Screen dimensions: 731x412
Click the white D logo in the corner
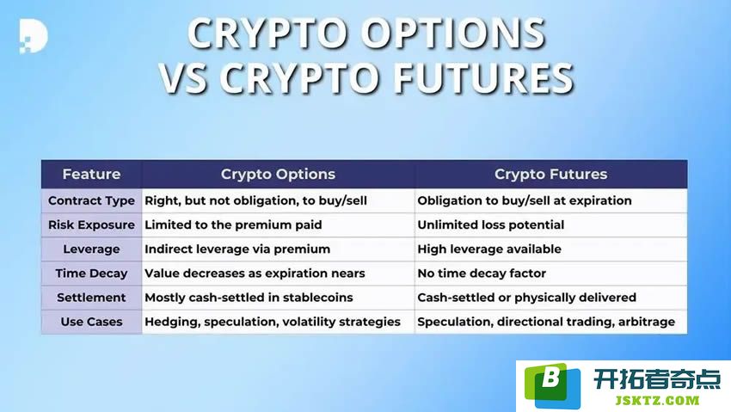(x=34, y=36)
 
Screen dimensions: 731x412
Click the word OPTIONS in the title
(x=452, y=34)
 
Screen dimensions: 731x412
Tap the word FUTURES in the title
(x=483, y=77)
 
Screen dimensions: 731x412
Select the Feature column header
(x=91, y=174)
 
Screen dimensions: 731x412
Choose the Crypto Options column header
(x=278, y=174)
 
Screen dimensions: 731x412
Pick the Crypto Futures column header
(x=550, y=174)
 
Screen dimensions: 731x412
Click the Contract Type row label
(x=91, y=201)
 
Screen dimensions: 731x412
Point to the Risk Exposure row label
(x=91, y=225)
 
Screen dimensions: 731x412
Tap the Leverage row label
(x=91, y=249)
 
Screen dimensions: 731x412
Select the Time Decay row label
(x=91, y=274)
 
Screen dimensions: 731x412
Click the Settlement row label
(x=91, y=298)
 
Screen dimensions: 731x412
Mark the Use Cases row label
(x=91, y=322)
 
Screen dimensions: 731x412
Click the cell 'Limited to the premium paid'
(x=233, y=225)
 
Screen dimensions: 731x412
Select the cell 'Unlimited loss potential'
(x=490, y=225)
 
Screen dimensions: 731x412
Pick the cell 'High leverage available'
(x=489, y=249)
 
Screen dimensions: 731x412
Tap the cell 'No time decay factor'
(x=482, y=274)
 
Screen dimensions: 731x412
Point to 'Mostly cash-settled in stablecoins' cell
(x=249, y=298)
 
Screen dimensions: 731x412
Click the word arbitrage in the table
(x=646, y=322)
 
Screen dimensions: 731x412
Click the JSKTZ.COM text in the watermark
(x=657, y=400)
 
